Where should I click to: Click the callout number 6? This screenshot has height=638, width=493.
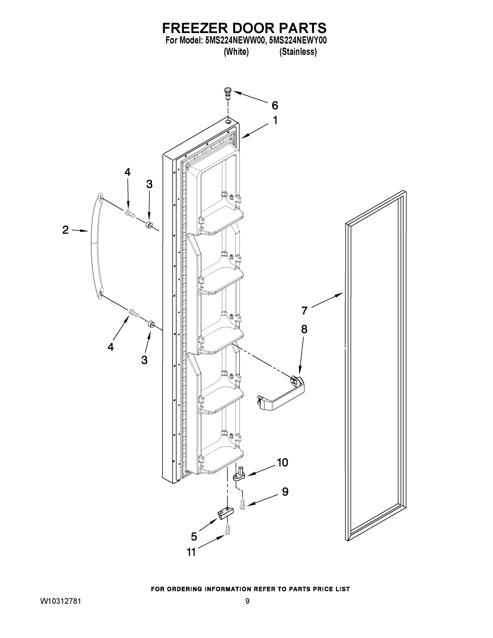click(x=275, y=106)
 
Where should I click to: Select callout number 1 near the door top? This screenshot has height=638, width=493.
click(x=275, y=120)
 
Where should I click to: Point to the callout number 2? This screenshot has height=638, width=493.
click(x=65, y=230)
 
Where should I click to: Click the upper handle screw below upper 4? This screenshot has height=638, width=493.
click(x=130, y=213)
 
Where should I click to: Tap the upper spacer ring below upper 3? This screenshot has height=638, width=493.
click(x=149, y=225)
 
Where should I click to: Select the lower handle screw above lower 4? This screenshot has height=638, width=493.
click(x=133, y=313)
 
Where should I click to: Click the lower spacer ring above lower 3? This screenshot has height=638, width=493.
click(x=151, y=324)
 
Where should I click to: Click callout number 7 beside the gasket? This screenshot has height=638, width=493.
click(x=304, y=310)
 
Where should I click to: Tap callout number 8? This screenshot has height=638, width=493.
click(x=304, y=329)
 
